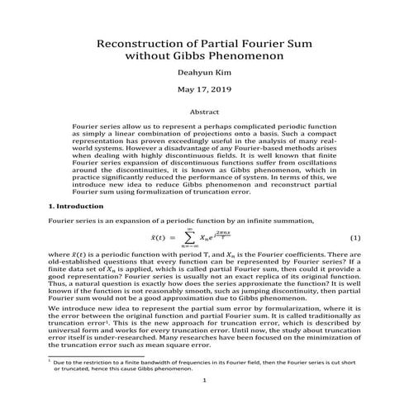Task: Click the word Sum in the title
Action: click(272, 40)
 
